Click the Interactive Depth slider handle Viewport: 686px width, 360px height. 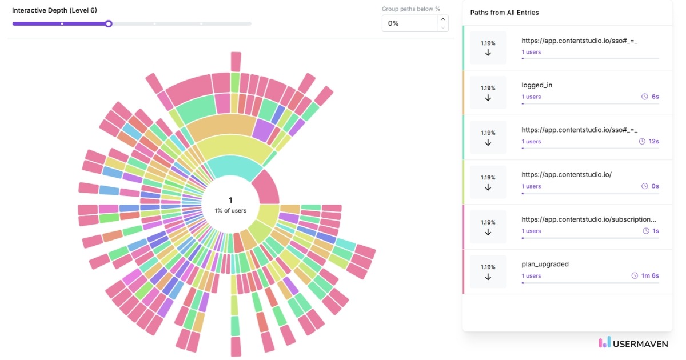109,23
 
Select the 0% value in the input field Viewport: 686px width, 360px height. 408,23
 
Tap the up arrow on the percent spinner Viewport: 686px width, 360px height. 442,19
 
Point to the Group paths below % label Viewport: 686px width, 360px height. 410,9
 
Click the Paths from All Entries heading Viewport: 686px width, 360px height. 504,13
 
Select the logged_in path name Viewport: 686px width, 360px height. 537,85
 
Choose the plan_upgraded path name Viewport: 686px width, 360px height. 545,264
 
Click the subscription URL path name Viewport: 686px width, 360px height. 589,219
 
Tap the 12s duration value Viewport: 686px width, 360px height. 653,142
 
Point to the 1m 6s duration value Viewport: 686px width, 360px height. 649,276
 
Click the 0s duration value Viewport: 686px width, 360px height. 655,186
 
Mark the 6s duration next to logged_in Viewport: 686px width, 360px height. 655,97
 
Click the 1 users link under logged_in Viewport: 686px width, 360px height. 531,97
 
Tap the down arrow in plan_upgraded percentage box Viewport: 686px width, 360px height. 488,277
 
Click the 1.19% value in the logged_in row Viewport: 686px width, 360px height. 488,88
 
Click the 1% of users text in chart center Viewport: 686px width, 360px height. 230,210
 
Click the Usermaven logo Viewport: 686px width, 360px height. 633,343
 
